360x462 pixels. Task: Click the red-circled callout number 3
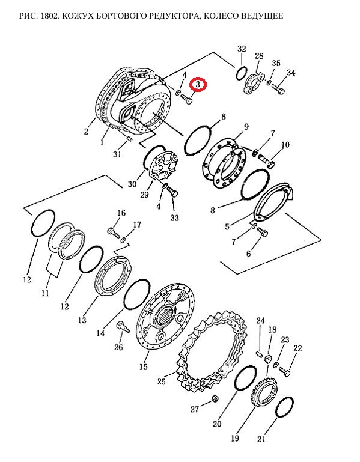point(198,85)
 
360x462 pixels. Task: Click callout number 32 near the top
point(242,49)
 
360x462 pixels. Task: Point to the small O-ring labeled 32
point(242,73)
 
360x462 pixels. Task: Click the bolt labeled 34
point(279,88)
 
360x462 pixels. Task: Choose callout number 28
point(259,56)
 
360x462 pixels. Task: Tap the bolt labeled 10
point(267,161)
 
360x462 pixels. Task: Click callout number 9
point(246,127)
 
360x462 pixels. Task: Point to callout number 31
point(117,154)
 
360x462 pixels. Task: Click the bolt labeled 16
point(114,233)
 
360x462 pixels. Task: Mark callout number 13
point(82,320)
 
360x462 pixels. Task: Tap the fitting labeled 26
point(123,327)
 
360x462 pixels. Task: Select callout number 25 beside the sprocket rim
point(162,382)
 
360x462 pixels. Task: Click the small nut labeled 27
point(215,399)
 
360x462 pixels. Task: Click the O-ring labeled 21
point(284,407)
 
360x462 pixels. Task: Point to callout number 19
point(235,438)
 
